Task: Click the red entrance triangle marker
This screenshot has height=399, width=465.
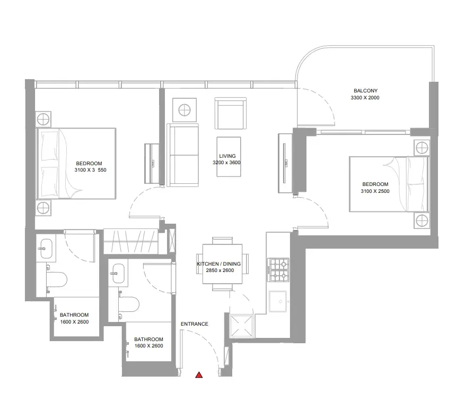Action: pyautogui.click(x=199, y=375)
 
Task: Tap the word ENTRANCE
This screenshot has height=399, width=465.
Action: pyautogui.click(x=195, y=324)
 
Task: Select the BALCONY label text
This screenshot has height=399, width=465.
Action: pyautogui.click(x=365, y=91)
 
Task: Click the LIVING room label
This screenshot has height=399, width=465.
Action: pyautogui.click(x=227, y=156)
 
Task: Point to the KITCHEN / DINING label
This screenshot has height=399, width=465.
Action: pyautogui.click(x=219, y=264)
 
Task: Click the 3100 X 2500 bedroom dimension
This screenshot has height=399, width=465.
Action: pyautogui.click(x=375, y=191)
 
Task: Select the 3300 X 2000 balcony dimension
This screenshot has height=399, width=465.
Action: pyautogui.click(x=365, y=97)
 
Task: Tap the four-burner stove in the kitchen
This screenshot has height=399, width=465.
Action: pyautogui.click(x=278, y=270)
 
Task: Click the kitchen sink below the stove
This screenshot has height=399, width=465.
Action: pyautogui.click(x=278, y=301)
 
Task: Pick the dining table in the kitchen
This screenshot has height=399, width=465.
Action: pyautogui.click(x=222, y=264)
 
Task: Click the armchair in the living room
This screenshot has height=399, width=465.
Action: pyautogui.click(x=231, y=113)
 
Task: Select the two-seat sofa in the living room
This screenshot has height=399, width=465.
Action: pyautogui.click(x=183, y=155)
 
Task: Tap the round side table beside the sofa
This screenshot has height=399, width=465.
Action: pyautogui.click(x=185, y=110)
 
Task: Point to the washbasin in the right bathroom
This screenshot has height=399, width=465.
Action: pyautogui.click(x=119, y=273)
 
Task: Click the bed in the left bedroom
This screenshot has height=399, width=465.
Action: pyautogui.click(x=76, y=164)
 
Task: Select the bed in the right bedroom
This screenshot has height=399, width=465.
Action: pyautogui.click(x=389, y=184)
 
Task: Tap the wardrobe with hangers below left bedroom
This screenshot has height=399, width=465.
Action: pyautogui.click(x=131, y=242)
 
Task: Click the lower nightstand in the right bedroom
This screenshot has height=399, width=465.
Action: pyautogui.click(x=422, y=220)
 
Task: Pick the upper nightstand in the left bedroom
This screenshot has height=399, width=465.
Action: pyautogui.click(x=43, y=119)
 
